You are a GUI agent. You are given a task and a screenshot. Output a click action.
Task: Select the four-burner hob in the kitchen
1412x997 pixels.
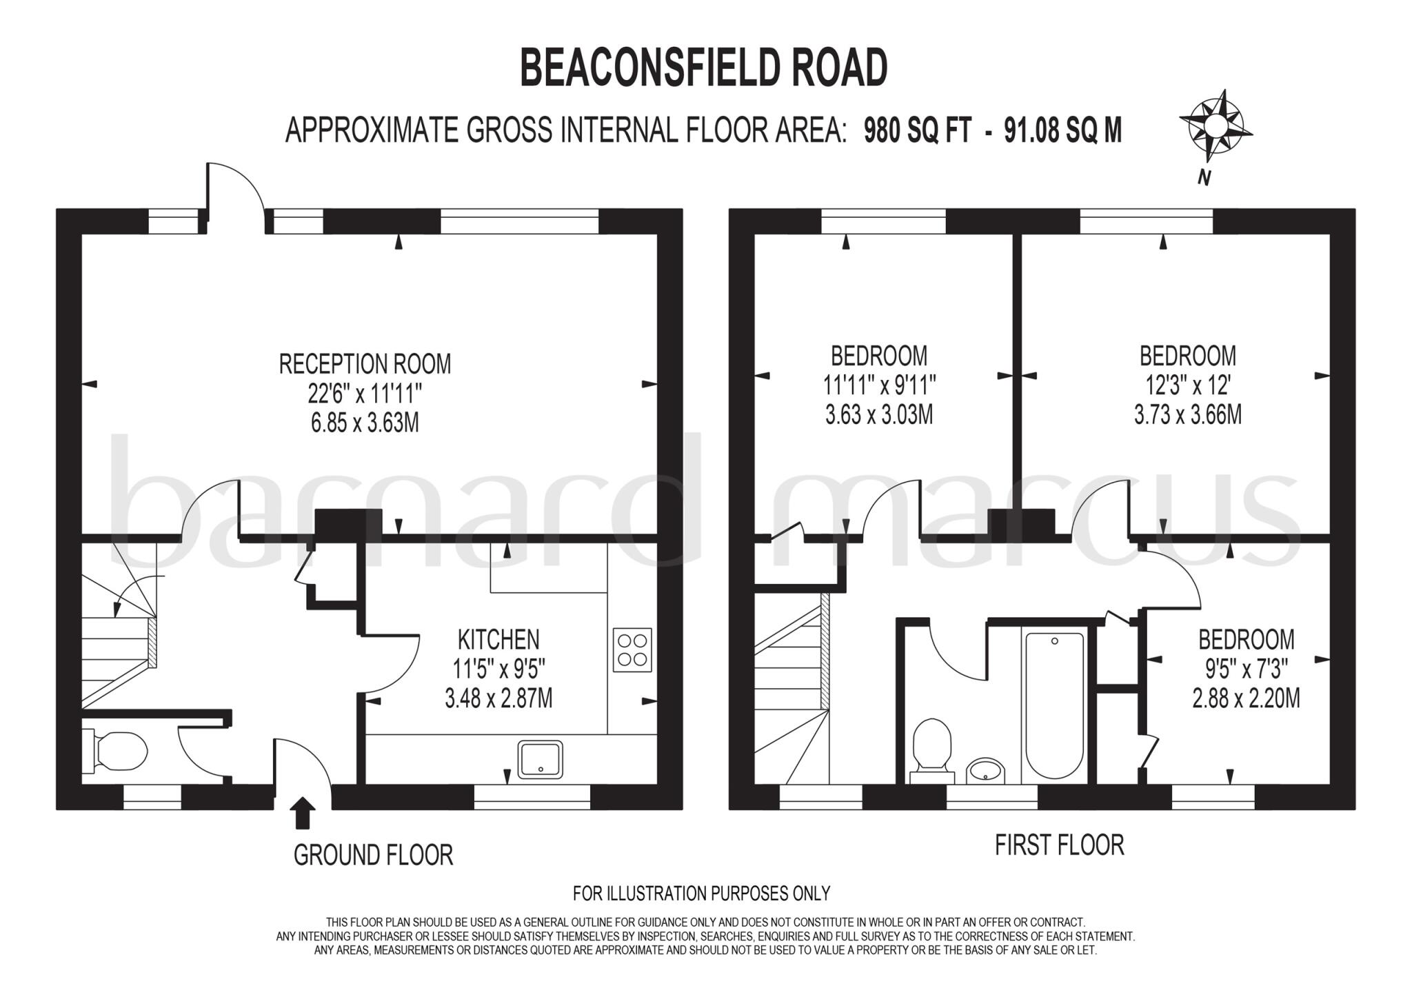[632, 649]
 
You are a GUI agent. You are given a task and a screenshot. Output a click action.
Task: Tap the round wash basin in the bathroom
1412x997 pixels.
[986, 770]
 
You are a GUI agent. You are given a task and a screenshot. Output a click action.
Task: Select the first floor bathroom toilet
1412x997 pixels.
[932, 752]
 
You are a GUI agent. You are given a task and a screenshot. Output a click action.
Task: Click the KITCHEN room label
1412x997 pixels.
[498, 640]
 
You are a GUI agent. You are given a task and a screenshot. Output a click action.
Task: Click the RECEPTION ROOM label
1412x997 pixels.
[365, 364]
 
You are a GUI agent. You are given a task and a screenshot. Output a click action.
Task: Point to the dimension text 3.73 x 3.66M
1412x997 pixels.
[1187, 415]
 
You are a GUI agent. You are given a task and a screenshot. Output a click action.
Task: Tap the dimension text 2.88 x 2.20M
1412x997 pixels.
[1246, 698]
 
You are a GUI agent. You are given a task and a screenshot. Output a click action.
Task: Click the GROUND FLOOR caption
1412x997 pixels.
[373, 855]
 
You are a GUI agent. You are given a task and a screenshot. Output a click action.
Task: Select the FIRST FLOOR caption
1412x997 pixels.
[1059, 845]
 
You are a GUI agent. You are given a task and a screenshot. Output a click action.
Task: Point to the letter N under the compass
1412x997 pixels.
[1204, 177]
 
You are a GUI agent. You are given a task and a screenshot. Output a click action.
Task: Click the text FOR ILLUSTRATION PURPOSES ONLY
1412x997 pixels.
[701, 894]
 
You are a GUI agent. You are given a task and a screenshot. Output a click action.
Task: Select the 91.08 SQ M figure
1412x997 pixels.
[1062, 130]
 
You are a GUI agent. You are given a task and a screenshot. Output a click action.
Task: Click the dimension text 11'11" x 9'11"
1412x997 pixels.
[879, 385]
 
